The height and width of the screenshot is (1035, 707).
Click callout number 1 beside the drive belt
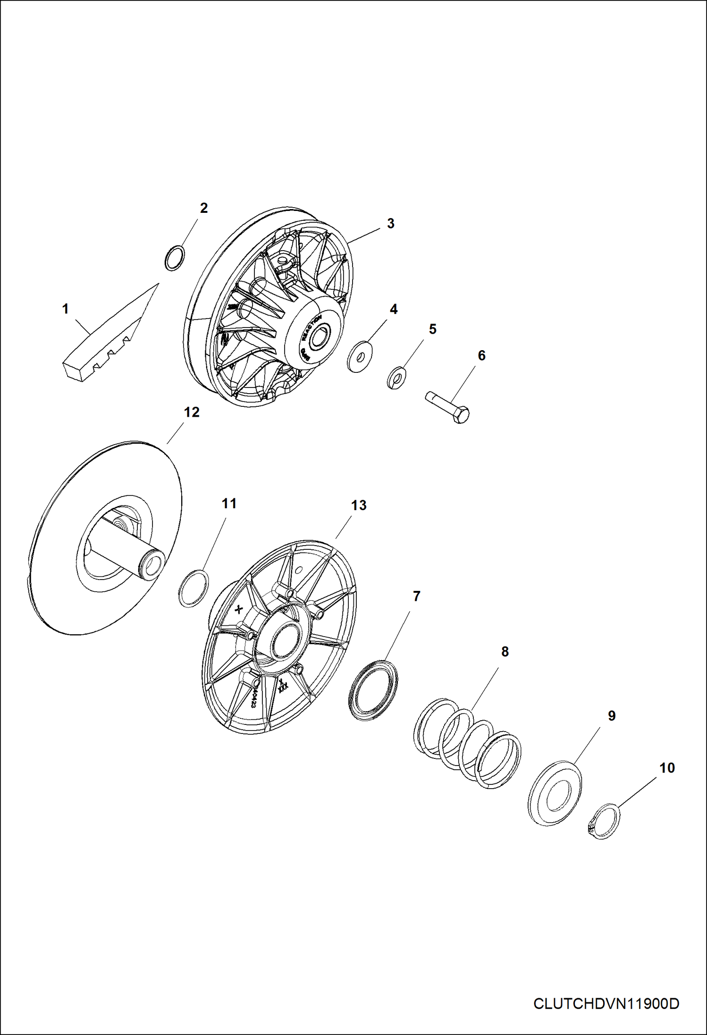[x=66, y=309]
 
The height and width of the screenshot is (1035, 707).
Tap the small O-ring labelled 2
[x=174, y=258]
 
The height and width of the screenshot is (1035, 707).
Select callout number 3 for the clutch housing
[x=390, y=223]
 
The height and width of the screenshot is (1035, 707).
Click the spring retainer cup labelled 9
[x=554, y=793]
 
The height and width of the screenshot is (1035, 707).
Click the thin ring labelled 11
[x=194, y=588]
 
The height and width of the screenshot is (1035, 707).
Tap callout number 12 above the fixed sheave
[x=192, y=412]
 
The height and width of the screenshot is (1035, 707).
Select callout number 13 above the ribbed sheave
[x=359, y=505]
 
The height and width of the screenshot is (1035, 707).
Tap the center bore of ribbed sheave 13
[x=284, y=640]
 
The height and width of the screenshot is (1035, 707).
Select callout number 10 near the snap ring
[x=666, y=768]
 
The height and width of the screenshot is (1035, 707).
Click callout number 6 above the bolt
[x=481, y=355]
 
